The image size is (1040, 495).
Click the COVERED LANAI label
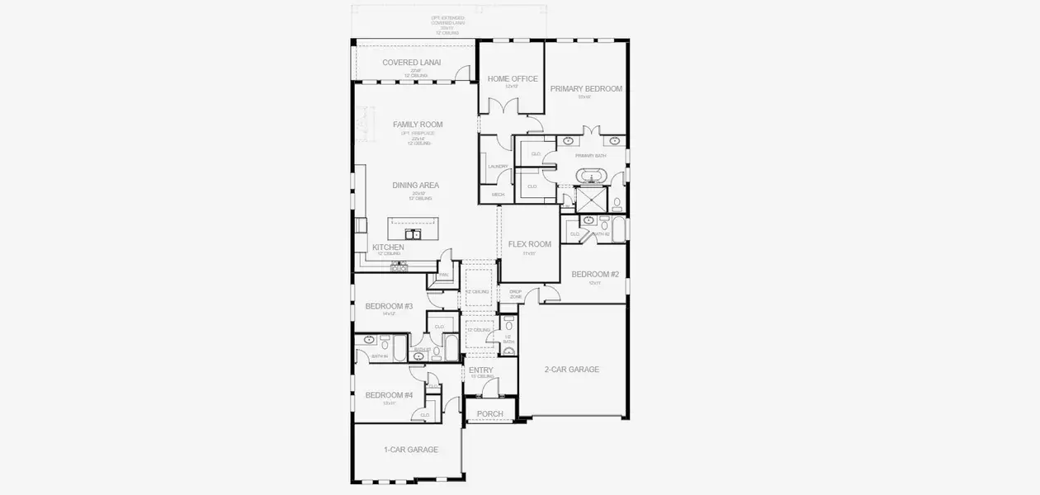[x=411, y=63]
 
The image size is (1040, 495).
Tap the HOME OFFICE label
[x=512, y=79]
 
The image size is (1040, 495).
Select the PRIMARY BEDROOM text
[x=586, y=88]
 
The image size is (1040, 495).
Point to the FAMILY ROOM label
[x=418, y=125]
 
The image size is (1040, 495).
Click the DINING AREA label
[x=415, y=186]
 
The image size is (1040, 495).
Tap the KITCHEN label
[x=388, y=247]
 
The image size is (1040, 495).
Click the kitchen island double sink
[x=414, y=234]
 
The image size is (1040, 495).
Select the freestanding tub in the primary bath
[x=590, y=176]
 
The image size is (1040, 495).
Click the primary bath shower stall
[x=590, y=200]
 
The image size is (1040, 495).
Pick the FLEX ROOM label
[x=529, y=244]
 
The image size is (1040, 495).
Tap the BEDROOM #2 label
[x=595, y=274]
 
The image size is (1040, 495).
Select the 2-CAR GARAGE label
[x=571, y=370]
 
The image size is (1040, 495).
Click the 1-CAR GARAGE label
[x=410, y=450]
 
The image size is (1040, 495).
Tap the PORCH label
[x=490, y=414]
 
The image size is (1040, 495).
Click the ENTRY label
[x=480, y=370]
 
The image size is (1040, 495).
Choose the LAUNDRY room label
[x=498, y=167]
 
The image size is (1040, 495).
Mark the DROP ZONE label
[x=515, y=294]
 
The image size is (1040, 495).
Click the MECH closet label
[x=498, y=195]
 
